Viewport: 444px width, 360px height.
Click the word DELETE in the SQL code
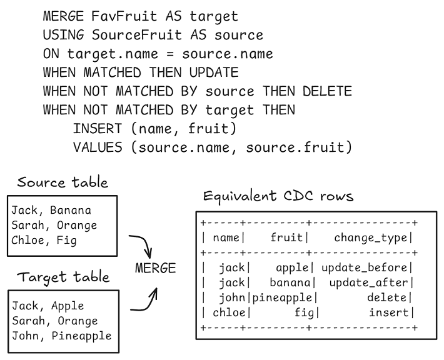(327, 91)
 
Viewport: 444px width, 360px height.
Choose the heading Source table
(63, 182)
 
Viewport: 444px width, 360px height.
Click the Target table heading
(63, 277)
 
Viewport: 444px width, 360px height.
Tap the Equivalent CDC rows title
(278, 196)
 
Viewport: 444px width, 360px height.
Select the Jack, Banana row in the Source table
(51, 210)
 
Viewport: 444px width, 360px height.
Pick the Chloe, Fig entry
(44, 240)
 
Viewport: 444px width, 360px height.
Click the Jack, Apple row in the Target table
(48, 306)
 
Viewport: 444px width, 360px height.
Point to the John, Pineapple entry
(61, 336)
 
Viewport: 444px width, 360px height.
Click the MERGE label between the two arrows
(156, 268)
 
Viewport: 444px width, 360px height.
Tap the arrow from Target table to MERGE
(144, 299)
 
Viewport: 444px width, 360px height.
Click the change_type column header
(372, 237)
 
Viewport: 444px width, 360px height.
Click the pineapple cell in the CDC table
(285, 298)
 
